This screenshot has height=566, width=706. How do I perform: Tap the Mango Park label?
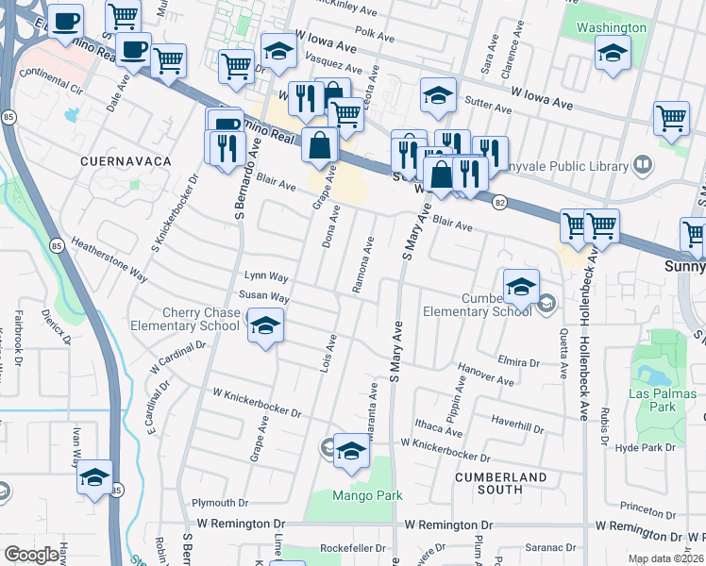367,495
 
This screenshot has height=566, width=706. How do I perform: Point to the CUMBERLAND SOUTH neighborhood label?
501,483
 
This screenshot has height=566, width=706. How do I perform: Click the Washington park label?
612,27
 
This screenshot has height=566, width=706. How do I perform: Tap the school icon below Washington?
613,55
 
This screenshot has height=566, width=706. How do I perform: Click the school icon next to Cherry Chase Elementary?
267,326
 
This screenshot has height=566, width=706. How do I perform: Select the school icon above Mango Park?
350,451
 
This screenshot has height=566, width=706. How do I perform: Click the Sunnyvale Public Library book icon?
642,165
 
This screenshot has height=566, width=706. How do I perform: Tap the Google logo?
32,555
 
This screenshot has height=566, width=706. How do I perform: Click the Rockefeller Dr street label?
355,547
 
